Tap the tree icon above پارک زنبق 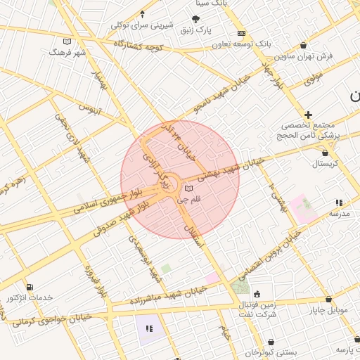(x=196, y=19)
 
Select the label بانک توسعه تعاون (x=243, y=44)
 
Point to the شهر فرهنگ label (x=67, y=52)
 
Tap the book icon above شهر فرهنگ (x=67, y=41)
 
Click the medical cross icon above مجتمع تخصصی (x=308, y=115)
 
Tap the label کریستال (x=324, y=163)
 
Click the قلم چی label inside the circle (x=188, y=200)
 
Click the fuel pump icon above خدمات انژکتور (x=29, y=287)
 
